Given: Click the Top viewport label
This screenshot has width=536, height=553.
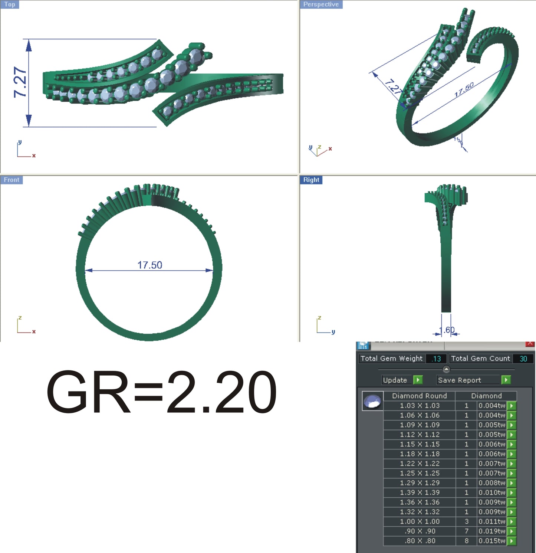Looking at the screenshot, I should pyautogui.click(x=10, y=4).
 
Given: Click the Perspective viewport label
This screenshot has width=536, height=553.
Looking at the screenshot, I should pyautogui.click(x=321, y=4).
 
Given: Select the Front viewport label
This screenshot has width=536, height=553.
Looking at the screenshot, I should pyautogui.click(x=11, y=180).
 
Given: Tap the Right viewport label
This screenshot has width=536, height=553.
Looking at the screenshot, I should pyautogui.click(x=311, y=180).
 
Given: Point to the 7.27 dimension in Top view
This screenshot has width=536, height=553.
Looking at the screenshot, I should pyautogui.click(x=20, y=82).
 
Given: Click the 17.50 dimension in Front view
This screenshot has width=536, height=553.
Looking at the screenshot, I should pyautogui.click(x=149, y=265).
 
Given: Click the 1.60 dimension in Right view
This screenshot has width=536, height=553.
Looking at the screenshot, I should pyautogui.click(x=447, y=330).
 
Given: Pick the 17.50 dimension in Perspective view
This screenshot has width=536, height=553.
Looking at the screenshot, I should pyautogui.click(x=464, y=90).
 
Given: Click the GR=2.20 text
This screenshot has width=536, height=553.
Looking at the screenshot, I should pyautogui.click(x=161, y=392).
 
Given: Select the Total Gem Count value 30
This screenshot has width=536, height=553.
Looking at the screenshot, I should pyautogui.click(x=523, y=359).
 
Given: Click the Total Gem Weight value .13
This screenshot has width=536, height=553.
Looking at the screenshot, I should pyautogui.click(x=436, y=359).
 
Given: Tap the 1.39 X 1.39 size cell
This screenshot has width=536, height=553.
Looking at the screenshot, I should pyautogui.click(x=420, y=493).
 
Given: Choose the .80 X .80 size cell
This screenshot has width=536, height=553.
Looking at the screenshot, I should pyautogui.click(x=420, y=541).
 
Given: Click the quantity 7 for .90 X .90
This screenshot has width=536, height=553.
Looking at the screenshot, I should pyautogui.click(x=467, y=531).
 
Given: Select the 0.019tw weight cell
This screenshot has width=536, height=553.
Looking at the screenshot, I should pyautogui.click(x=491, y=531).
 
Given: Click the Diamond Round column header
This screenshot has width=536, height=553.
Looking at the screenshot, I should pyautogui.click(x=420, y=396).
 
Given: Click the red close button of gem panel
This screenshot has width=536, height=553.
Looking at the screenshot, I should pyautogui.click(x=530, y=344).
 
